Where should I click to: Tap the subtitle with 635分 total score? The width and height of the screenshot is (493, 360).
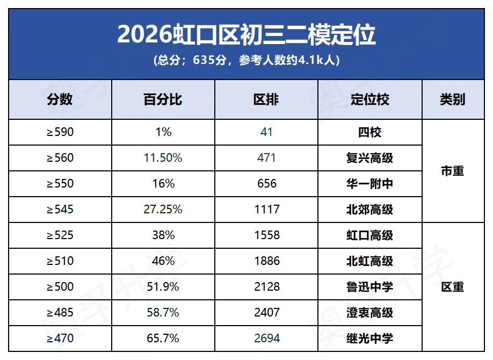point(247,60)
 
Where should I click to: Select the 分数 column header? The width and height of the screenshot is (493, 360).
point(60,99)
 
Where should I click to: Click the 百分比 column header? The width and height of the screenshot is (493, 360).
point(163,99)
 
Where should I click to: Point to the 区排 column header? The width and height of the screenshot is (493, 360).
point(266,99)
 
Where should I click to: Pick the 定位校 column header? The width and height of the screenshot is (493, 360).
point(369,99)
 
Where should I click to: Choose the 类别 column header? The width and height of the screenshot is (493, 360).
point(452,99)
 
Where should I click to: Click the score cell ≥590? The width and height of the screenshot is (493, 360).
point(60,132)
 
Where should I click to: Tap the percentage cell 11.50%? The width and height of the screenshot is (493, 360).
point(163,158)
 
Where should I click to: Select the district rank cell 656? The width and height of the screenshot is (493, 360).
point(266,184)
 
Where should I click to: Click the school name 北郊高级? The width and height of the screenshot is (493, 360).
point(369,210)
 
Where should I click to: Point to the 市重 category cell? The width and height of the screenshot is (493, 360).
point(452,171)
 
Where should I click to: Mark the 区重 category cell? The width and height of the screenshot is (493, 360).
point(452,287)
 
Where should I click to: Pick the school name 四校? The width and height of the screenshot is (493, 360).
point(369,132)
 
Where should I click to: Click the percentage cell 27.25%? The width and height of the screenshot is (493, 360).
point(163,210)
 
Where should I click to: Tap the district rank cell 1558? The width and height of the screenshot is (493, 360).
point(266,235)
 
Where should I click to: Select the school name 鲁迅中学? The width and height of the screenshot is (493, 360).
point(369,287)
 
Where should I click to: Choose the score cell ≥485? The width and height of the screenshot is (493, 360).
point(60,313)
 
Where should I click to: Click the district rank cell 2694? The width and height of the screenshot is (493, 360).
point(266,339)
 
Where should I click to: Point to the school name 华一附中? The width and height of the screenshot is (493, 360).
point(369,184)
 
